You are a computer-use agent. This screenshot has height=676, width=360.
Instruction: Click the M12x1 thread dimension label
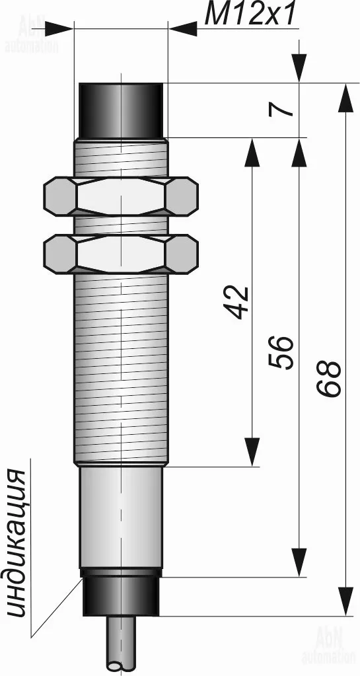point(250,15)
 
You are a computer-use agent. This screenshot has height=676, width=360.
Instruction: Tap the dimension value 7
point(281,110)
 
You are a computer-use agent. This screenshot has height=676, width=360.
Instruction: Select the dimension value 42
point(238,301)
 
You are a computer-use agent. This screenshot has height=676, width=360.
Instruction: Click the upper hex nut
point(121,196)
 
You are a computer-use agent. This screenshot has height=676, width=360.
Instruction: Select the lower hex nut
point(121,254)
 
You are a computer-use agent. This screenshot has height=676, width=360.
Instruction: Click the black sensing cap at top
point(121,110)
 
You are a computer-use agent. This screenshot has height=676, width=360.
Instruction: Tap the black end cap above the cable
point(121,596)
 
